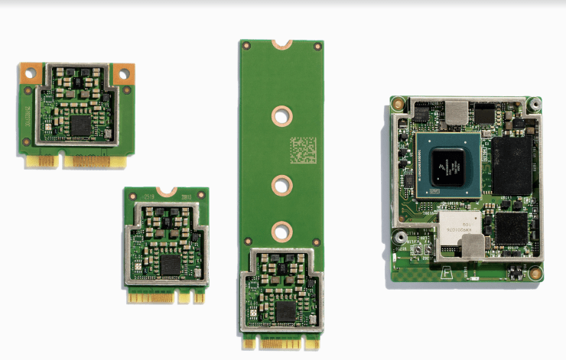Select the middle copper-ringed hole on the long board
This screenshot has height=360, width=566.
[281, 184]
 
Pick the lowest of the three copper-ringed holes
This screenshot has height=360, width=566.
[281, 230]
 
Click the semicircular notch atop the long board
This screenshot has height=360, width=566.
[282, 44]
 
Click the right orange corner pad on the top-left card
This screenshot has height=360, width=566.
[123, 75]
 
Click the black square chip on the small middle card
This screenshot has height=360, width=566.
[170, 264]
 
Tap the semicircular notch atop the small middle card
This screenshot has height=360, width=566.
[163, 191]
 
